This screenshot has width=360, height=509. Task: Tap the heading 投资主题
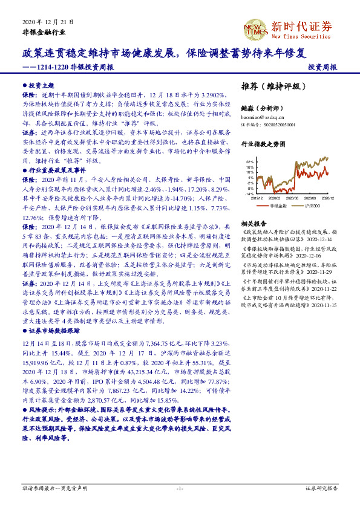pyautogui.click(x=41, y=86)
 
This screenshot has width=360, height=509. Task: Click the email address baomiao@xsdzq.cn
pyautogui.click(x=262, y=117)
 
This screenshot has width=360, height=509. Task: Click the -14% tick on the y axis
pyautogui.click(x=249, y=193)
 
